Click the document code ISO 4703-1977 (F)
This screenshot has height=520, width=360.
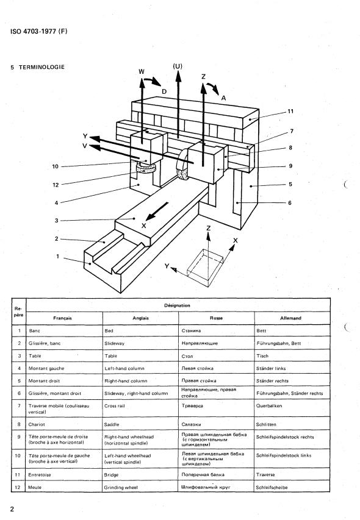39,32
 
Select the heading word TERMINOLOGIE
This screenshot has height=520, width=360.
42,67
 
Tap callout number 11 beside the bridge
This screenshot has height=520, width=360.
290,112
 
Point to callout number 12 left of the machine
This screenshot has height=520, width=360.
56,185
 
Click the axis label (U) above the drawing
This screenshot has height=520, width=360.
178,66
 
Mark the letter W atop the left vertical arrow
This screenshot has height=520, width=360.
142,72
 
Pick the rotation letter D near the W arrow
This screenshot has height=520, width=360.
164,91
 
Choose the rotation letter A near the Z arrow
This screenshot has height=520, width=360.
223,98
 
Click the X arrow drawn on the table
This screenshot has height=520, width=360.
157,212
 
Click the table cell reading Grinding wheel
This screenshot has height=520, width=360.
121,488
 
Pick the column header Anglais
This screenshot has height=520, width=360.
141,318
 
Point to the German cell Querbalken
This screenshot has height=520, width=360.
269,405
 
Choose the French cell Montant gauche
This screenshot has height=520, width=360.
46,368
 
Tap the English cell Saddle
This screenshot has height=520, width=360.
112,424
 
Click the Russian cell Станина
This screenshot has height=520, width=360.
191,330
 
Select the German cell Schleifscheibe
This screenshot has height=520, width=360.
272,488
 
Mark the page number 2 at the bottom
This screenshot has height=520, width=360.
12,509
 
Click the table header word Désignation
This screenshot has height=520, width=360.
177,305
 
